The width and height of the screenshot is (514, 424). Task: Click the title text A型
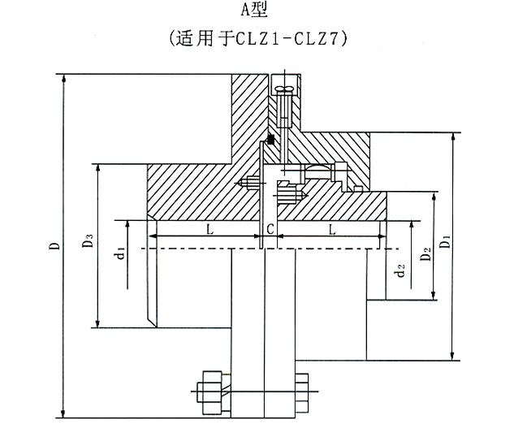pyautogui.click(x=254, y=9)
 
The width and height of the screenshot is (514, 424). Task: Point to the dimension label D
pyautogui.click(x=55, y=245)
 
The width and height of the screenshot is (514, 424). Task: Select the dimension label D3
pyautogui.click(x=89, y=240)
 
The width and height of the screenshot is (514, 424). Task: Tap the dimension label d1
pyautogui.click(x=121, y=253)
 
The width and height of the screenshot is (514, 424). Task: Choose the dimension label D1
pyautogui.click(x=445, y=242)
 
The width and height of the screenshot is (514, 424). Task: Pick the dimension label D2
pyautogui.click(x=425, y=254)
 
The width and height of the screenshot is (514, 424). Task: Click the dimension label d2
pyautogui.click(x=400, y=270)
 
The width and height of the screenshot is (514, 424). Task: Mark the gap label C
pyautogui.click(x=270, y=229)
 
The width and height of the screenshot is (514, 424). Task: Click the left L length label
pyautogui.click(x=210, y=228)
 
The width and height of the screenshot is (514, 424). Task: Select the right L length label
pyautogui.click(x=332, y=229)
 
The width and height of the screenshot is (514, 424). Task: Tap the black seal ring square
pyautogui.click(x=270, y=140)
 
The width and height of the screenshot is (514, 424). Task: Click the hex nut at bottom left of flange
pyautogui.click(x=210, y=392)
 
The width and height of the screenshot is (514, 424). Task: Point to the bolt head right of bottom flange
pyautogui.click(x=301, y=392)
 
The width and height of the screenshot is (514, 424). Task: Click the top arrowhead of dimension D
pyautogui.click(x=64, y=78)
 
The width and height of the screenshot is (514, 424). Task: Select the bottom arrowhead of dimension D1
pyautogui.click(x=452, y=357)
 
